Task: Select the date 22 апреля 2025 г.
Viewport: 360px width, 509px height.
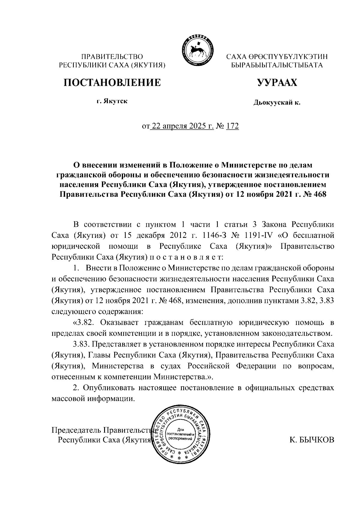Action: (x=181, y=126)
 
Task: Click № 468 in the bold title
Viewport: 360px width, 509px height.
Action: (x=314, y=194)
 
